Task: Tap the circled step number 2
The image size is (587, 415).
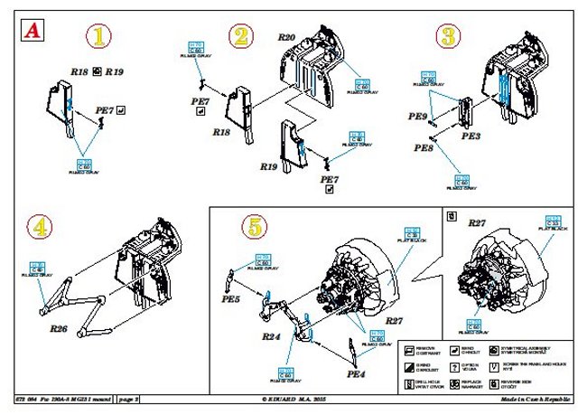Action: pos(241,37)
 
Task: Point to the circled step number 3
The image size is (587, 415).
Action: pos(448,37)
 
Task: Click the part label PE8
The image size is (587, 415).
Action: pos(424,146)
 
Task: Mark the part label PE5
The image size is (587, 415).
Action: pos(232,297)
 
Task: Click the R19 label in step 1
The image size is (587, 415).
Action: pos(115,70)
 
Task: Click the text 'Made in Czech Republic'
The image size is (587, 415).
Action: pos(538,399)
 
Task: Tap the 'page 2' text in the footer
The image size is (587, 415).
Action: pos(128,399)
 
